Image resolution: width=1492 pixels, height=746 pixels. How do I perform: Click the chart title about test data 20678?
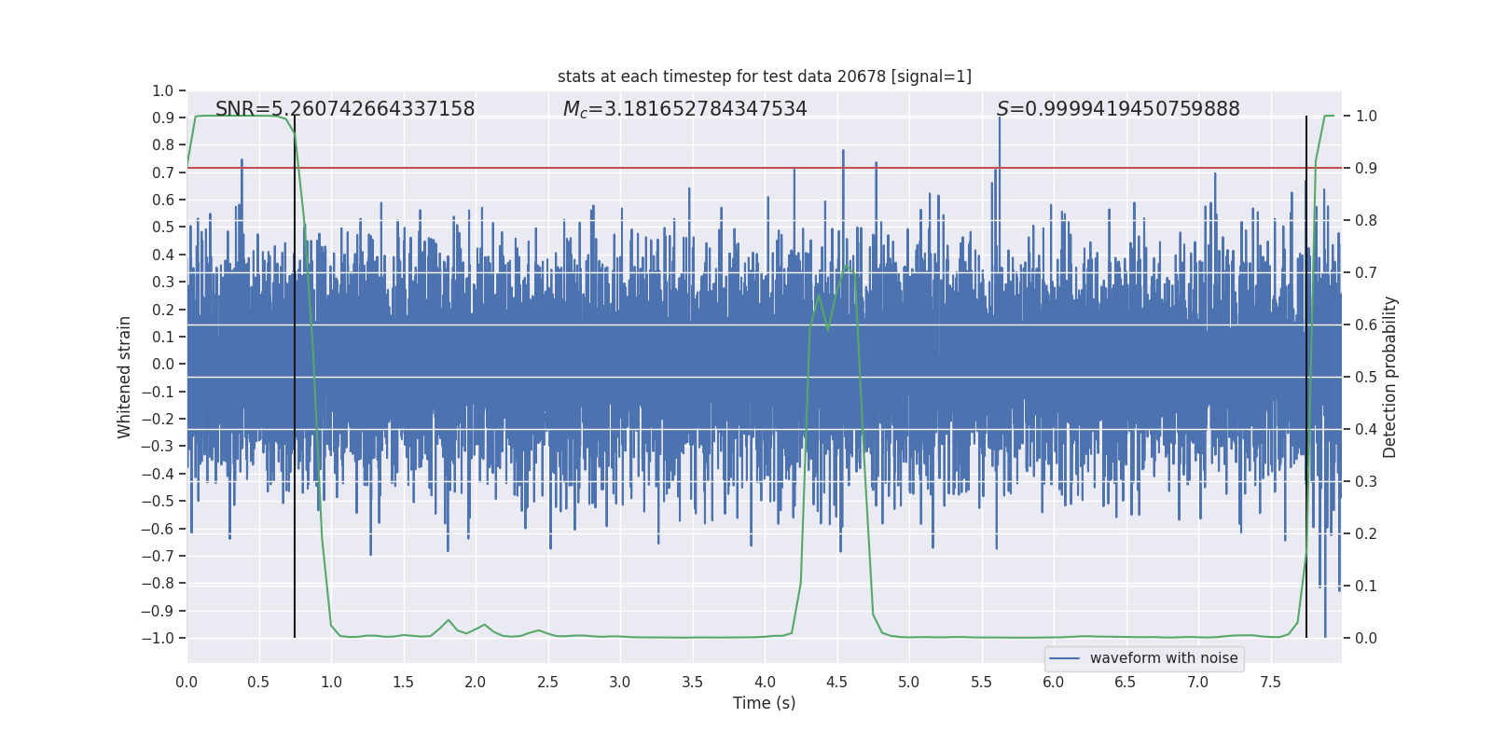click(x=764, y=76)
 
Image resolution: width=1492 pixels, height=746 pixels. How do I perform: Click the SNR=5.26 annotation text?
click(x=345, y=109)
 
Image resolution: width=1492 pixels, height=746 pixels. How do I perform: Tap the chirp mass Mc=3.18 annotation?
click(x=684, y=109)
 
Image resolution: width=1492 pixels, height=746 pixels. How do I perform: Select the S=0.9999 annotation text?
click(x=1118, y=109)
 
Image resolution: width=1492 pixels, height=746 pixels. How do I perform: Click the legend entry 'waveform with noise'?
click(x=1163, y=658)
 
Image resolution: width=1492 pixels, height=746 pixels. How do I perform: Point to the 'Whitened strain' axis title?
click(x=125, y=377)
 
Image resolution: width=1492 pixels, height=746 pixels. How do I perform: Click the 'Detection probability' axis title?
click(x=1390, y=377)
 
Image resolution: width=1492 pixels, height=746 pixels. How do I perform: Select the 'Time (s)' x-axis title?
click(x=764, y=703)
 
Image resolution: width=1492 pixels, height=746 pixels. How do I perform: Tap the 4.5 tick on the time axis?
click(x=836, y=682)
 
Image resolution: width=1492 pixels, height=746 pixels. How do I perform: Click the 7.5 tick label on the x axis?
click(x=1270, y=682)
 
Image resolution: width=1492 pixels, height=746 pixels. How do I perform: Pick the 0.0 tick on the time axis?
click(x=186, y=682)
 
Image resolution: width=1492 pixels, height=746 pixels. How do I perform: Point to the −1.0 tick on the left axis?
click(x=158, y=638)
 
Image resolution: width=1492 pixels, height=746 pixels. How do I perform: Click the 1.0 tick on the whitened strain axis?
click(x=162, y=90)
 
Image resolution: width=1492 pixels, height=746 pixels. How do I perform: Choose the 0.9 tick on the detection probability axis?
click(x=1366, y=169)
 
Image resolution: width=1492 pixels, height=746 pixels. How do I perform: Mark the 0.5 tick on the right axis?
click(x=1366, y=377)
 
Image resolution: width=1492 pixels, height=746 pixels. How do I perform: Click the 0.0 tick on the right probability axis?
click(x=1366, y=638)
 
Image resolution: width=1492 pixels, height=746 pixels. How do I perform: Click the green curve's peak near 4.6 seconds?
click(x=848, y=265)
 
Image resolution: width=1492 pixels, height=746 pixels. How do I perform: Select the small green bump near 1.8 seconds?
click(x=449, y=620)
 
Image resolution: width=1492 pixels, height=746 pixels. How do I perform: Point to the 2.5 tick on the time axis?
click(x=547, y=682)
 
